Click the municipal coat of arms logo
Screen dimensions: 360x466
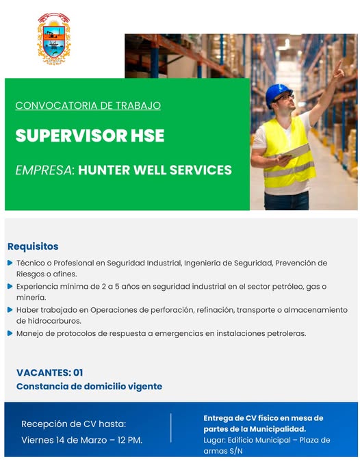click(x=54, y=38)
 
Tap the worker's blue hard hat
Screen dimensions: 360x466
click(x=278, y=94)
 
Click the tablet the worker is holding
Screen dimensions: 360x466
click(x=295, y=151)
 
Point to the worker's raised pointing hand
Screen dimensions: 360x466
click(x=338, y=70)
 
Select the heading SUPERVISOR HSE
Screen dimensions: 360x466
click(x=90, y=135)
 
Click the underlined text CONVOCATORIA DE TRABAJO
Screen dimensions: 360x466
click(x=88, y=105)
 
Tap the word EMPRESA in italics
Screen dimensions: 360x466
click(x=44, y=170)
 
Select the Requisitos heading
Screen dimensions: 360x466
click(x=33, y=246)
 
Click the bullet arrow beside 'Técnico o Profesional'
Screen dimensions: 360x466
click(x=10, y=263)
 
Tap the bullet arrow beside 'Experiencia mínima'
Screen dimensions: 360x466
click(x=10, y=286)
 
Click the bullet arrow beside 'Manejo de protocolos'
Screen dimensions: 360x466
click(x=10, y=333)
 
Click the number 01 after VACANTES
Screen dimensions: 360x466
click(x=78, y=373)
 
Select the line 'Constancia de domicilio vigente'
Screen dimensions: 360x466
click(x=89, y=387)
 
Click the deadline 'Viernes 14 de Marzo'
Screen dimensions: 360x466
click(x=64, y=440)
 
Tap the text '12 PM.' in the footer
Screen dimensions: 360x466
click(x=129, y=440)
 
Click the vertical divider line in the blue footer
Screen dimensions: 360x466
click(x=171, y=428)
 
